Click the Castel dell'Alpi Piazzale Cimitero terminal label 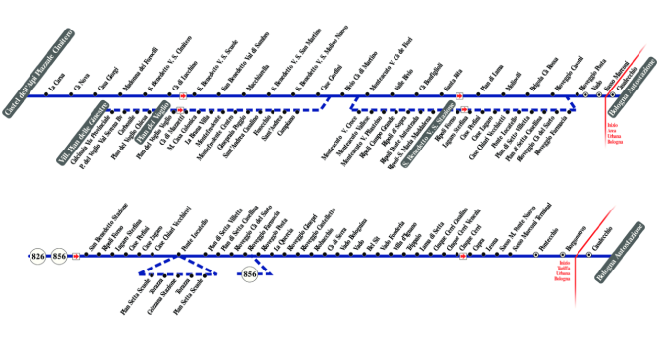[x=39, y=73]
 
